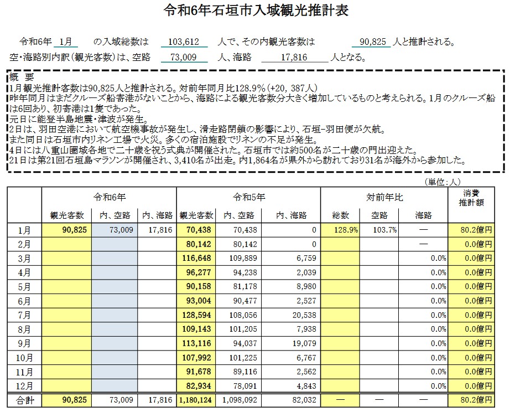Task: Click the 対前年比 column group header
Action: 384,197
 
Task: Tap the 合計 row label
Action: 24,400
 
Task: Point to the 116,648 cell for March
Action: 196,258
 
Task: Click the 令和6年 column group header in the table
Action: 109,197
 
